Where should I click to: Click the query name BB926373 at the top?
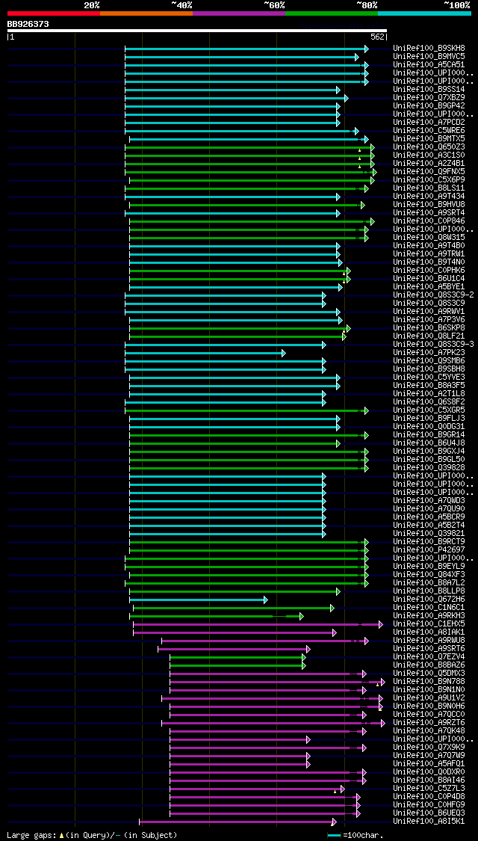coord(28,24)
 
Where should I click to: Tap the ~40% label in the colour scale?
coord(181,5)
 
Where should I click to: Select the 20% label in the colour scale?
coord(91,5)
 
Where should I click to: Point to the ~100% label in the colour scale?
coord(456,5)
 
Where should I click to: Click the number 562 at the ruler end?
coord(377,37)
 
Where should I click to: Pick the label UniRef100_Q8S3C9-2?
coord(433,295)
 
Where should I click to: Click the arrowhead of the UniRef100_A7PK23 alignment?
coord(283,353)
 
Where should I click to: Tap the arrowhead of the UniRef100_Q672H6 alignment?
coord(265,600)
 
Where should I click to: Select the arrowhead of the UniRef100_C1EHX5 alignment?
coord(380,624)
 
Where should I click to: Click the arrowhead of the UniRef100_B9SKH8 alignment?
coord(366,49)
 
